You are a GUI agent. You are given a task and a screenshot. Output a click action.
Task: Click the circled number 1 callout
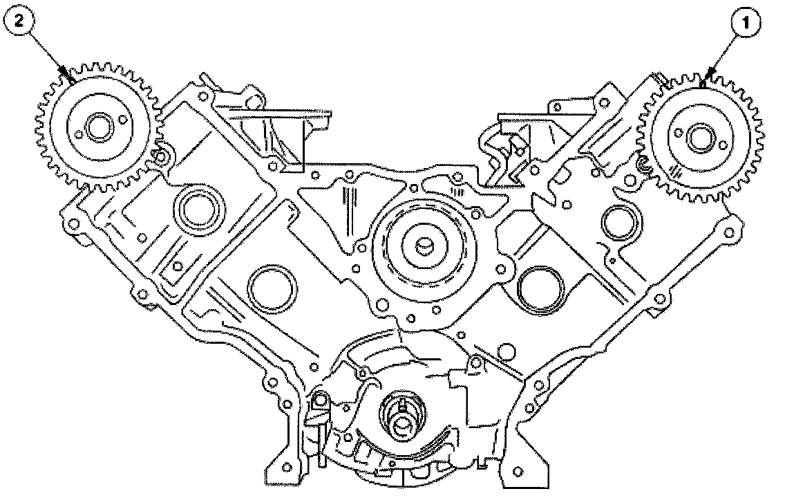(x=746, y=23)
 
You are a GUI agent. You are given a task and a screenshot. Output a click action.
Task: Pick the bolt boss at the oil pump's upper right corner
(x=475, y=362)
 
